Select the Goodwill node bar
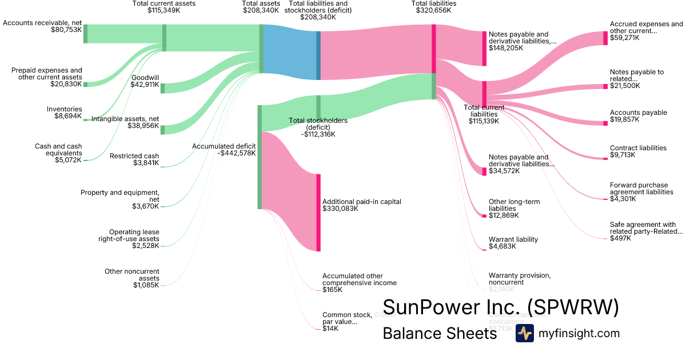162,88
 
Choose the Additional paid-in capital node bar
318,213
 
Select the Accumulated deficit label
224,150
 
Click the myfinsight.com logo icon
524,333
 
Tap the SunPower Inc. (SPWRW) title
501,307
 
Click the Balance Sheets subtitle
440,333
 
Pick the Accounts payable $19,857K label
638,117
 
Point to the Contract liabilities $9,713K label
638,151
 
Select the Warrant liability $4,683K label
513,243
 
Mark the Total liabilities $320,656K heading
433,7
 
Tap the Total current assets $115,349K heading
163,7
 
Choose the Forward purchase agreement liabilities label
641,192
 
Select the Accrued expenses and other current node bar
605,38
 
